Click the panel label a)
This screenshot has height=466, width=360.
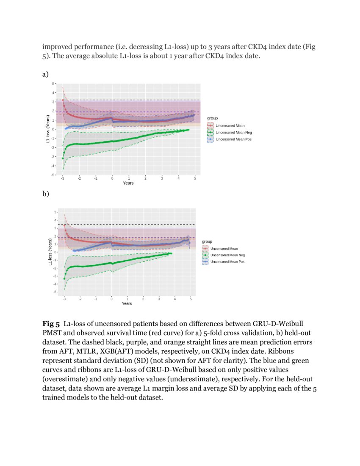click(45, 75)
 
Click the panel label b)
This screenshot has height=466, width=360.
click(45, 194)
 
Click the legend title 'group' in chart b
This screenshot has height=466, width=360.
click(206, 241)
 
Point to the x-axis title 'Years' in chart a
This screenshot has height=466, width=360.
click(128, 183)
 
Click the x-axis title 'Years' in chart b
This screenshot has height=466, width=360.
click(126, 303)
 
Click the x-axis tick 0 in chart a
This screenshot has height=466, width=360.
click(112, 179)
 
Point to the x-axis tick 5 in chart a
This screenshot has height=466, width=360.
click(195, 179)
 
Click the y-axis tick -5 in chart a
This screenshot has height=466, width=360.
click(53, 175)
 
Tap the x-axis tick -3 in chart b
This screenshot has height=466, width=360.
click(64, 299)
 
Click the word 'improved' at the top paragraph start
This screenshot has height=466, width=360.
click(57, 47)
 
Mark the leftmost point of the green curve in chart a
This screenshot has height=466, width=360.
click(63, 158)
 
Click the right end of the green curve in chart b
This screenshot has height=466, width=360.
click(171, 253)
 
